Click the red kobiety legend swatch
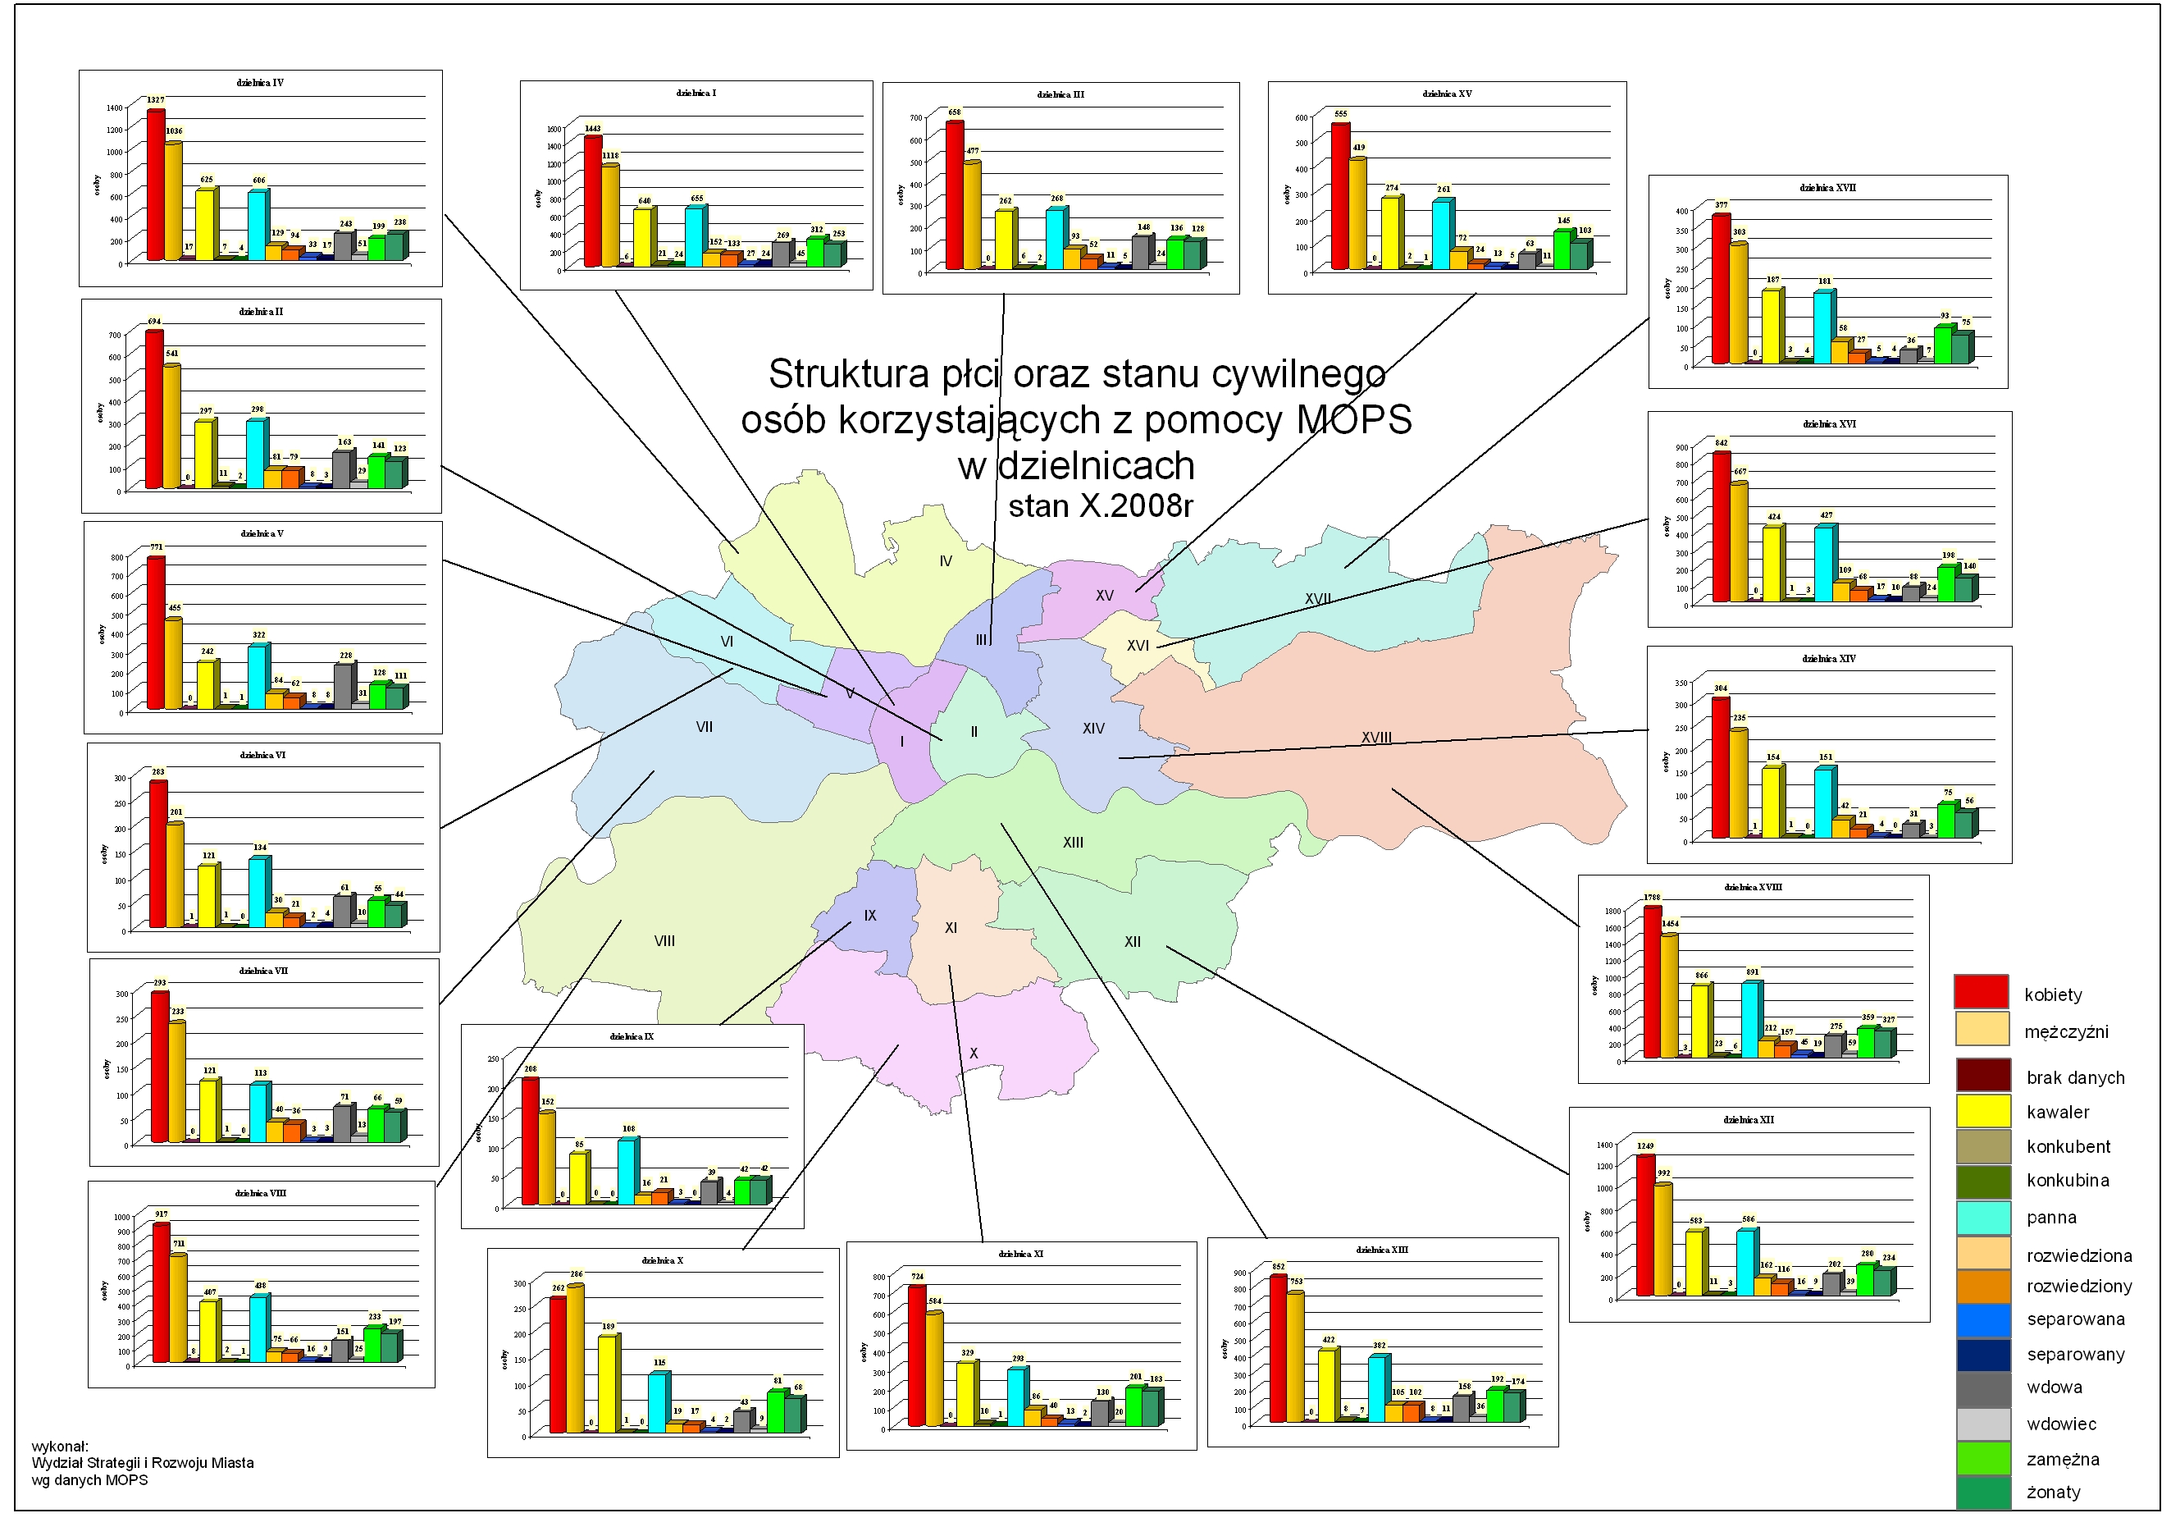[1981, 992]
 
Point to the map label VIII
[664, 941]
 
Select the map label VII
[705, 727]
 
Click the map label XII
[1132, 942]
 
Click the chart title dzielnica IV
[260, 83]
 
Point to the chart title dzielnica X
[662, 1261]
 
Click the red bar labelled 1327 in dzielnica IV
[156, 185]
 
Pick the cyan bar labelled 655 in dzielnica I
[695, 236]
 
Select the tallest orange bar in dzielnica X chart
[574, 1358]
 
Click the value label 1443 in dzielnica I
[593, 129]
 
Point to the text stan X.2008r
[1101, 507]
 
